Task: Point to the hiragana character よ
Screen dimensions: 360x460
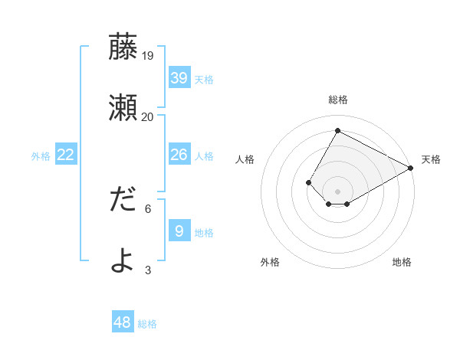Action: pos(123,260)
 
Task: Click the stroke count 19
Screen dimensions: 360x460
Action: pos(148,55)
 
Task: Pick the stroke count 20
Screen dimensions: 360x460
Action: pos(148,116)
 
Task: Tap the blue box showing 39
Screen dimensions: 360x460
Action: pos(179,77)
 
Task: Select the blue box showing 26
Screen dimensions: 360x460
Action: pos(179,155)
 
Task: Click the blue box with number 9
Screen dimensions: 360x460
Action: pos(179,231)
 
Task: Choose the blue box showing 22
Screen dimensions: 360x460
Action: pos(66,155)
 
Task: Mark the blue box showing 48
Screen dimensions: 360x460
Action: pos(123,322)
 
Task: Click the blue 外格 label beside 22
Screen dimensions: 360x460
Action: pos(41,156)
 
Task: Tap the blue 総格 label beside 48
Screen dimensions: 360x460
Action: pos(147,324)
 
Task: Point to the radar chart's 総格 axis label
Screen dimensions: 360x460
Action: pos(337,100)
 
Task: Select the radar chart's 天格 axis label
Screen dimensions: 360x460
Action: pos(431,159)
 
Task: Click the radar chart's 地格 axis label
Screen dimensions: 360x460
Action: pos(402,262)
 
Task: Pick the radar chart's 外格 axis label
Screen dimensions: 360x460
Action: pos(270,262)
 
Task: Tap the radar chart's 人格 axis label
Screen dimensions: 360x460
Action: pos(245,159)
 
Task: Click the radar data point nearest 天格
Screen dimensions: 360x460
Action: pos(411,169)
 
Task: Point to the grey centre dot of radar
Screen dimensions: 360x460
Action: pos(337,191)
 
